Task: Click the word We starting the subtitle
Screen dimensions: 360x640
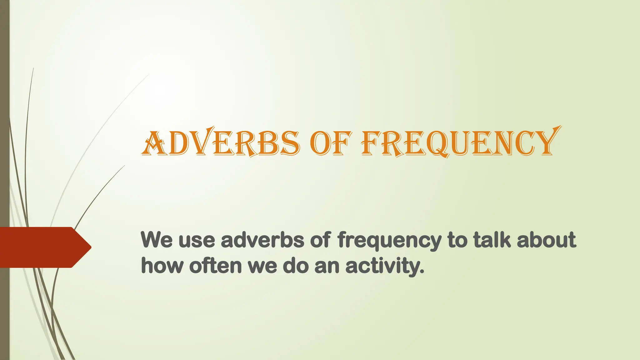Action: click(x=157, y=240)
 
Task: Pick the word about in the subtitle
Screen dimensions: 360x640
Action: click(x=546, y=240)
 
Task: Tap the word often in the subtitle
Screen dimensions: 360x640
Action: click(x=215, y=266)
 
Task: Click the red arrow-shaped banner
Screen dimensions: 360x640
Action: click(x=41, y=247)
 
